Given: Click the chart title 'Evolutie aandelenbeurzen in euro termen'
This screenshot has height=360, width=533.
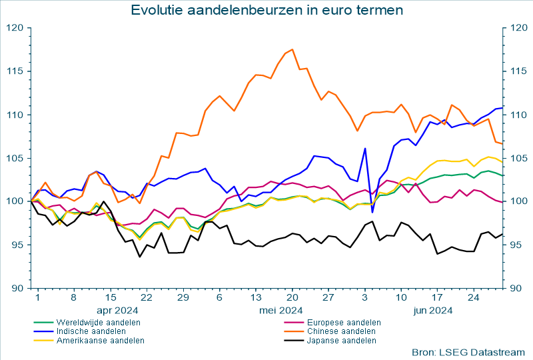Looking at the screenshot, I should [266, 10].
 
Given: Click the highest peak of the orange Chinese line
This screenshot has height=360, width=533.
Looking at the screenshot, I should [292, 49].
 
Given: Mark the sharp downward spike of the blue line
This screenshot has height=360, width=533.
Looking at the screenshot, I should [372, 212].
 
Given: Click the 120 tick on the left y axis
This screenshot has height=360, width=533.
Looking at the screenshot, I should [15, 28].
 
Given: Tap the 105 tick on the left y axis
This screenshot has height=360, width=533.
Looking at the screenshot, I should [15, 158].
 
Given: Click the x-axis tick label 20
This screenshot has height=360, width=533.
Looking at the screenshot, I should [292, 297].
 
